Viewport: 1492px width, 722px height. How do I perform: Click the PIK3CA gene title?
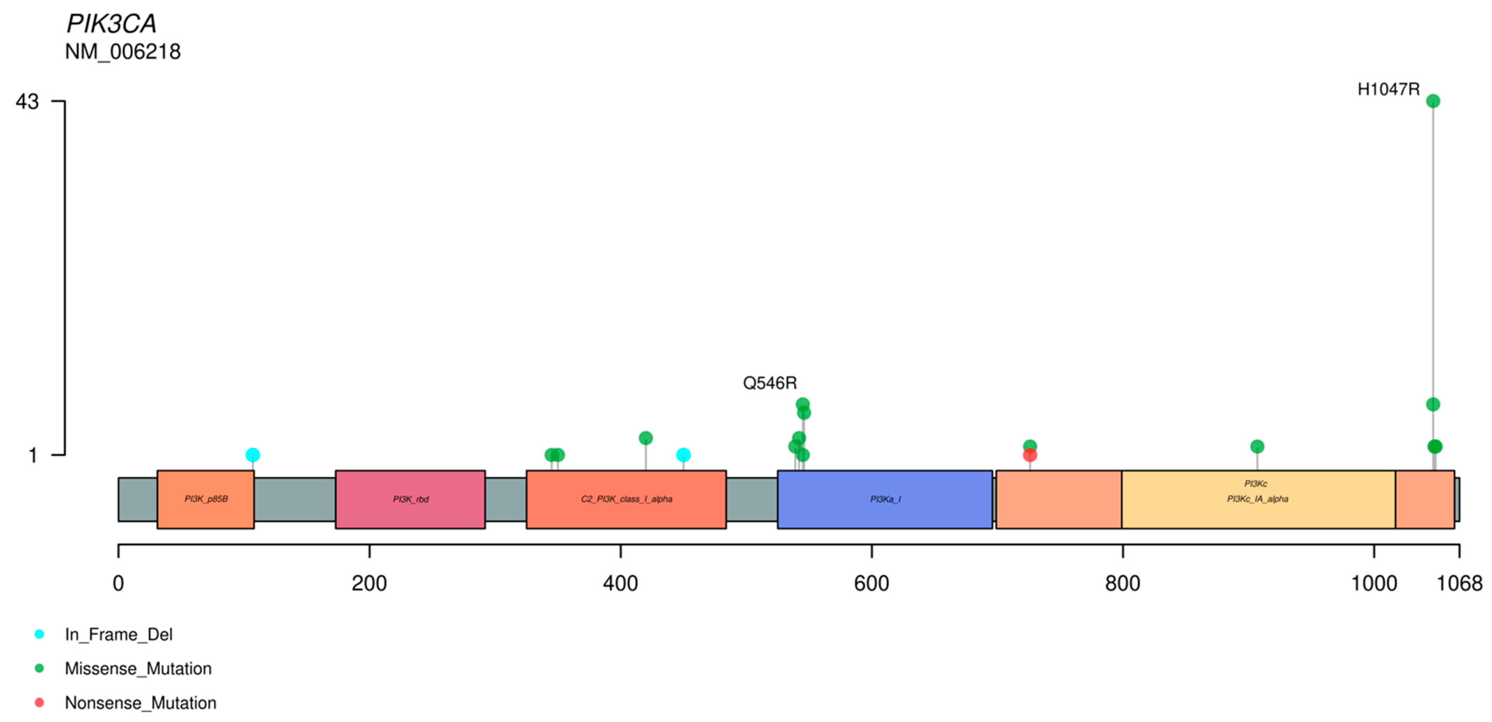pyautogui.click(x=111, y=24)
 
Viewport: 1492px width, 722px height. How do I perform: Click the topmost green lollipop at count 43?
pyautogui.click(x=1433, y=101)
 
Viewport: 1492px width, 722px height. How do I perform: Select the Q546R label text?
pyautogui.click(x=770, y=383)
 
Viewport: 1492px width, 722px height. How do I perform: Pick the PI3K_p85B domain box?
pyautogui.click(x=206, y=499)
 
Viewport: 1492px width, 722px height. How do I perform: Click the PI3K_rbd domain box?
pyautogui.click(x=410, y=499)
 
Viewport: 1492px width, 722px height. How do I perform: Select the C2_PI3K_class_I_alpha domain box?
pyautogui.click(x=626, y=499)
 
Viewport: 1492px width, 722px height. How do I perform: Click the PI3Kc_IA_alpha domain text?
pyautogui.click(x=1257, y=499)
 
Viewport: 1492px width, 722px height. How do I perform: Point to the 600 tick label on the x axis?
pyautogui.click(x=871, y=583)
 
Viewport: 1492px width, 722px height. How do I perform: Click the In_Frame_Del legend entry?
pyautogui.click(x=118, y=635)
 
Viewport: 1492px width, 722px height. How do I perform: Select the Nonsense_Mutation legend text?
pyautogui.click(x=140, y=703)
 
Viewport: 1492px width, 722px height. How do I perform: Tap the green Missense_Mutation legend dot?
pyautogui.click(x=40, y=669)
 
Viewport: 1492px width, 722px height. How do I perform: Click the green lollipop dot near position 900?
pyautogui.click(x=1257, y=446)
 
